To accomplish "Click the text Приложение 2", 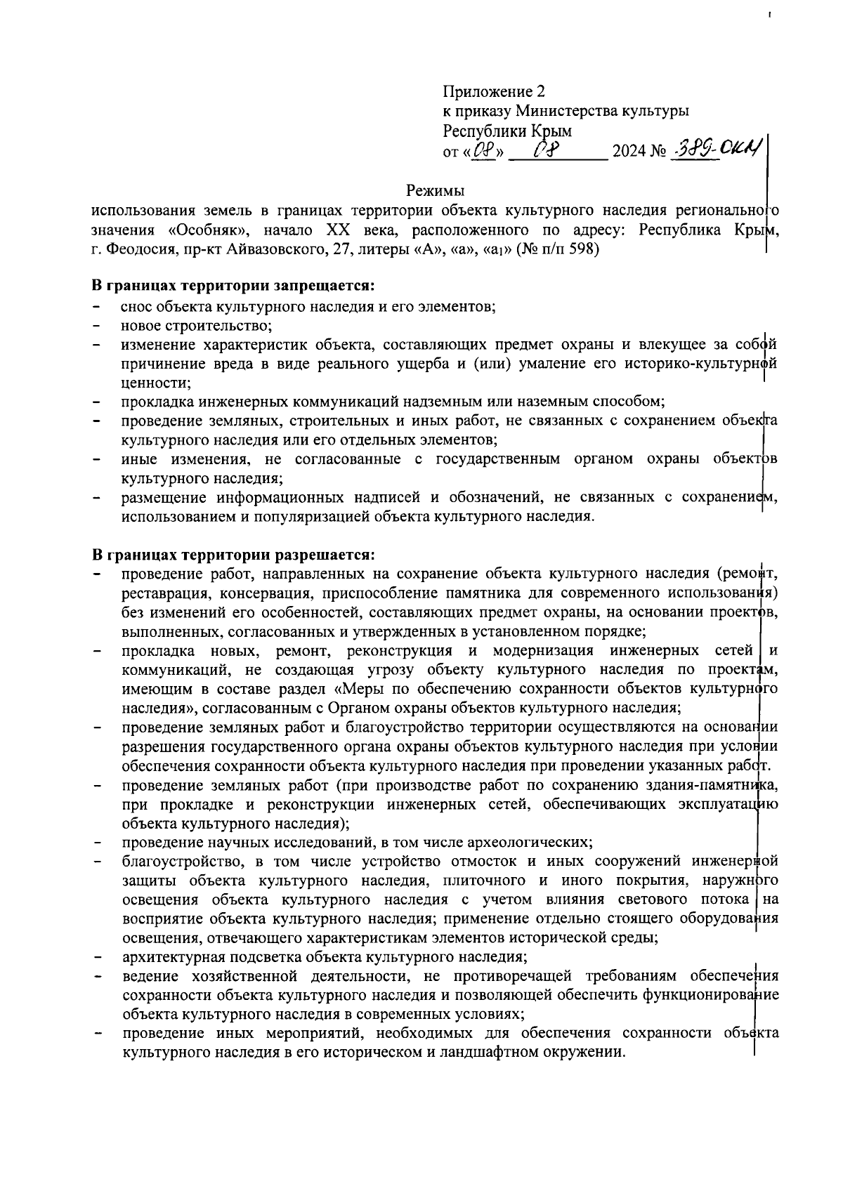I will pos(493,91).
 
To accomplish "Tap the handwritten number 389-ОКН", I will pos(712,150).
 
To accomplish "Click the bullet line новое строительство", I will pos(196,326).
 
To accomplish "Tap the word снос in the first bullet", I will pos(137,307).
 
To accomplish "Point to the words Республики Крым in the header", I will pos(507,131).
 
